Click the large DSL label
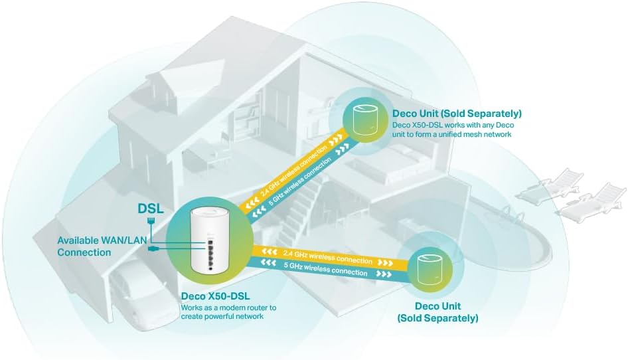click(x=151, y=209)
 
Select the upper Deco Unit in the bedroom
click(x=361, y=123)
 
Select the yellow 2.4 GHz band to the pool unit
click(x=325, y=257)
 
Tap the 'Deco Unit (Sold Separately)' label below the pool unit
click(x=437, y=312)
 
